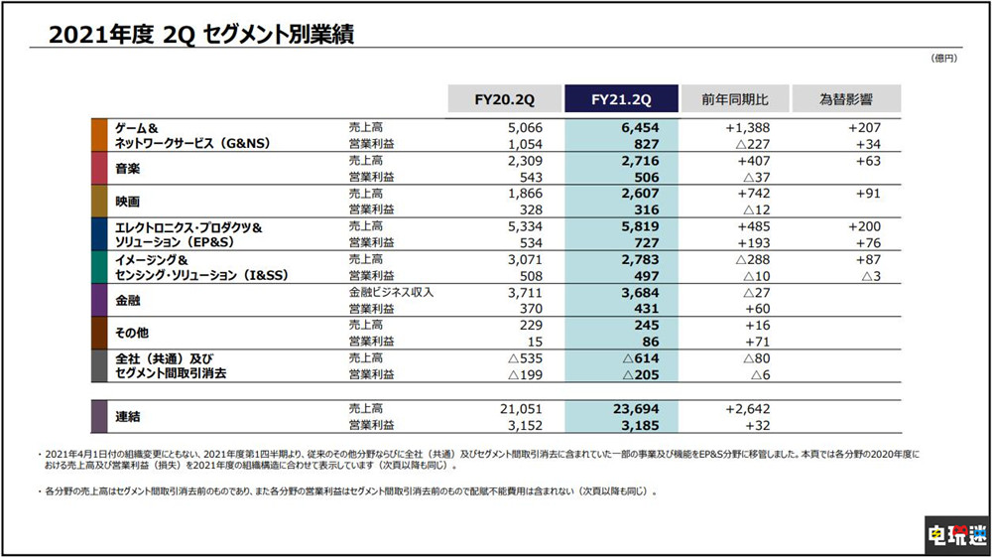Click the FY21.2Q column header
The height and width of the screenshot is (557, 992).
(621, 99)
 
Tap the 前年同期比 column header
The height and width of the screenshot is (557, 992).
(734, 99)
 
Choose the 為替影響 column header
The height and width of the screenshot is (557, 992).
(846, 99)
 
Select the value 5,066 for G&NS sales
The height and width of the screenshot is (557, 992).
(527, 127)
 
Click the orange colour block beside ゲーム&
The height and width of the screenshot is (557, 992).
(99, 134)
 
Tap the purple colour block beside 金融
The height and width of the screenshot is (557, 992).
(99, 299)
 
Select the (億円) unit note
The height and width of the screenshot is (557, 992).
(943, 60)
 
